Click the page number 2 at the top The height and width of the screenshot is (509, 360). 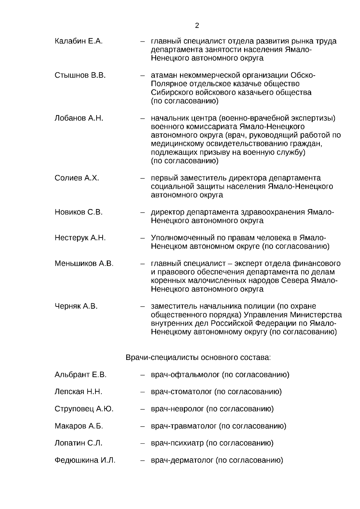click(x=197, y=25)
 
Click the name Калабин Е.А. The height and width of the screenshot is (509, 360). click(x=79, y=41)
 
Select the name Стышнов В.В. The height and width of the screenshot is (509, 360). click(x=80, y=75)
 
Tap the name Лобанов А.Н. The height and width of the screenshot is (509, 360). click(x=79, y=118)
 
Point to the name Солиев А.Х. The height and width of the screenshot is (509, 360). click(x=76, y=178)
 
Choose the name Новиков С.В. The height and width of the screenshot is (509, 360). click(x=78, y=212)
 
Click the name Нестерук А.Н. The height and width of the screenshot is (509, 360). click(x=80, y=238)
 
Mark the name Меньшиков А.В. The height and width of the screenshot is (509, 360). click(x=84, y=264)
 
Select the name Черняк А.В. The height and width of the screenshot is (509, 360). click(x=76, y=307)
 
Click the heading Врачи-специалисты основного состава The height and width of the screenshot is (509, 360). click(x=198, y=358)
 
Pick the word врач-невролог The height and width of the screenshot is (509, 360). click(x=177, y=409)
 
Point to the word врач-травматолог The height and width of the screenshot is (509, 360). click(x=184, y=426)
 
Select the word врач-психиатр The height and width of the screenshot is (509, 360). click(x=177, y=443)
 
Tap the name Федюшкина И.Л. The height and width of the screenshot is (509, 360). click(x=85, y=460)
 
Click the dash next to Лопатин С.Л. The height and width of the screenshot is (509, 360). click(x=143, y=443)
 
